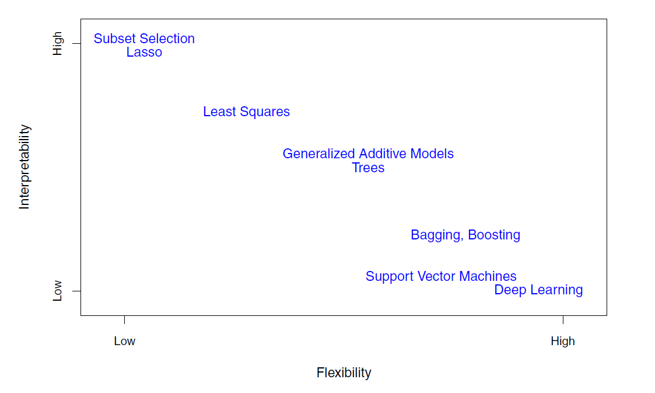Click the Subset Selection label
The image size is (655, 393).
(144, 39)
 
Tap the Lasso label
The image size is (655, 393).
(144, 52)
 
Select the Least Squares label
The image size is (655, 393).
(247, 112)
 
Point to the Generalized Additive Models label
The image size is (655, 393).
(368, 154)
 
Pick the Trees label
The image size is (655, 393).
(368, 168)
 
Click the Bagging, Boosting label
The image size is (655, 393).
(465, 235)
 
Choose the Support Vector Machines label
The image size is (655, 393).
(441, 276)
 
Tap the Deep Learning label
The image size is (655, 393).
(538, 290)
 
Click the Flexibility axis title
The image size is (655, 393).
(344, 373)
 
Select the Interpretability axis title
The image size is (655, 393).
(24, 167)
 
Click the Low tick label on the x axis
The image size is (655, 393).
(124, 341)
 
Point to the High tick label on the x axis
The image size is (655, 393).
(563, 341)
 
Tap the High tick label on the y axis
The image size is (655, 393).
(57, 43)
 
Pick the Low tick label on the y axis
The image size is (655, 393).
(57, 291)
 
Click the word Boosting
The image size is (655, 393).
(494, 235)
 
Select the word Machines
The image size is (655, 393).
(488, 276)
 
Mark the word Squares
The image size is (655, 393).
(265, 112)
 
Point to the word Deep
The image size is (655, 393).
(510, 290)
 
